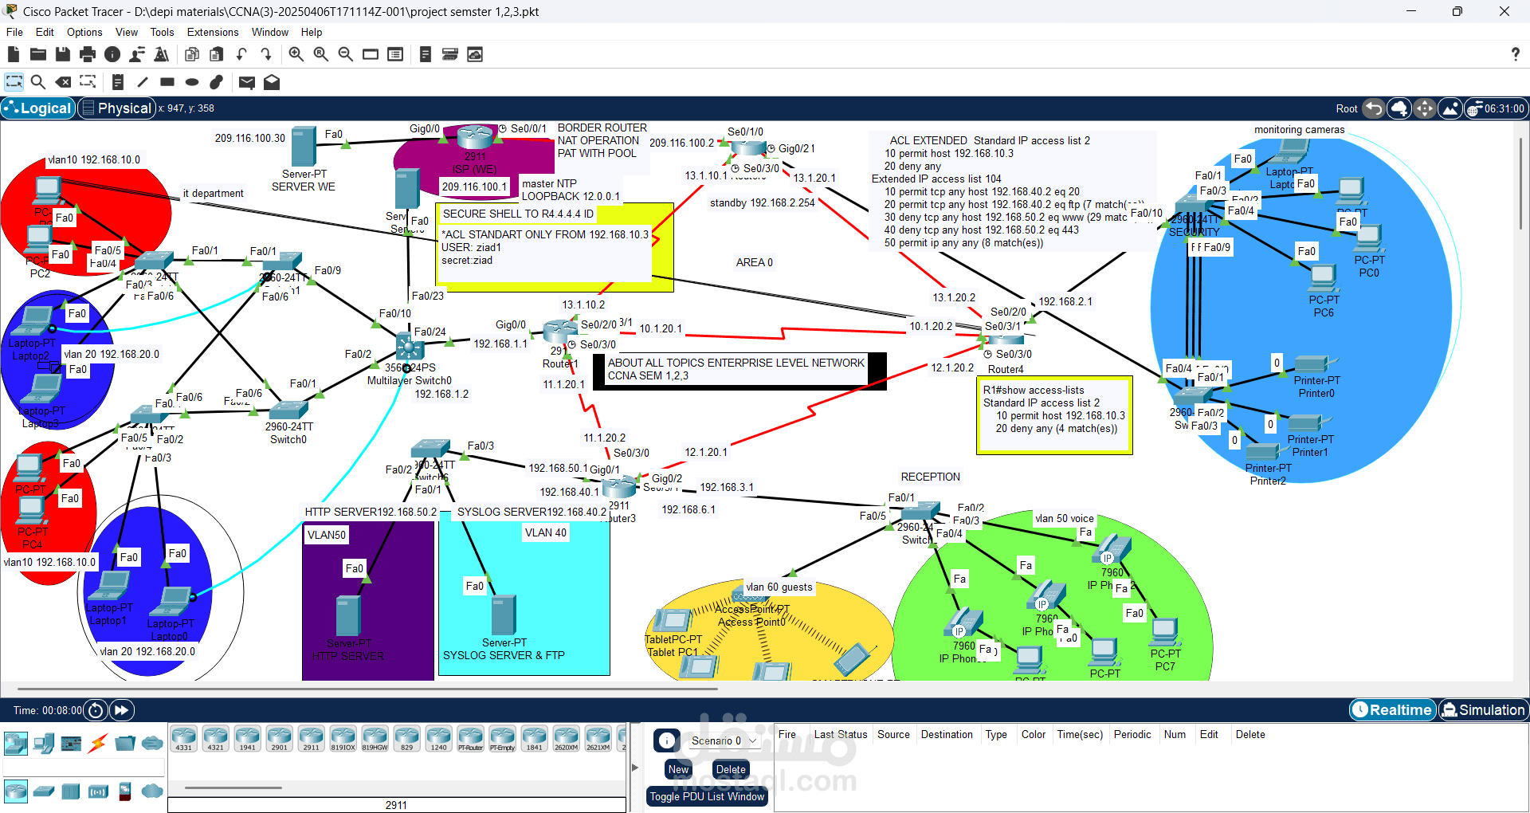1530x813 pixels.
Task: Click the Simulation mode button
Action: [1482, 710]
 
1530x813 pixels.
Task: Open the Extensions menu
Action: [212, 33]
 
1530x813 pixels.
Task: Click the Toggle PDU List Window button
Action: [707, 796]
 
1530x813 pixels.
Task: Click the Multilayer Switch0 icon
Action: [410, 347]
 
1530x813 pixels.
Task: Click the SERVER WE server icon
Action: [304, 147]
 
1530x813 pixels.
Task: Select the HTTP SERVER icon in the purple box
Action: [348, 616]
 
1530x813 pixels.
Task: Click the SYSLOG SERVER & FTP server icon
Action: [503, 615]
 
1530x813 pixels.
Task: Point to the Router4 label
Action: [1006, 370]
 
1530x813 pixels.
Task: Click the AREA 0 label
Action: [754, 263]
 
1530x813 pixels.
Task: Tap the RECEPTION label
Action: [930, 477]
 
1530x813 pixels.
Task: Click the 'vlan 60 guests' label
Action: [779, 587]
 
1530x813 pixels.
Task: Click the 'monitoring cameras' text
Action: [1299, 130]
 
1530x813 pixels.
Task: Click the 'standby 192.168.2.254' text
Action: [762, 203]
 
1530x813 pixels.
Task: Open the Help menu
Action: [311, 33]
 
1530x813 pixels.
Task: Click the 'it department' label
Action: [213, 194]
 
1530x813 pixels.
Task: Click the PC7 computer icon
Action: [1164, 632]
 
